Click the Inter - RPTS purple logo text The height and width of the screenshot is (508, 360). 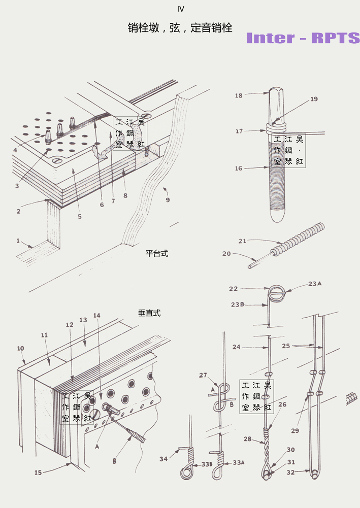pyautogui.click(x=303, y=38)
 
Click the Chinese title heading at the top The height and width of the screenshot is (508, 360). pyautogui.click(x=180, y=28)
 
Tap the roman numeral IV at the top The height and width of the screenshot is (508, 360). pyautogui.click(x=180, y=9)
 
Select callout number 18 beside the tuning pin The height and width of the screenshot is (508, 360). pyautogui.click(x=239, y=95)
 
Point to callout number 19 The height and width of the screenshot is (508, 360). pyautogui.click(x=314, y=99)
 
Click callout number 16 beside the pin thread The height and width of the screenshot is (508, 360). pyautogui.click(x=239, y=168)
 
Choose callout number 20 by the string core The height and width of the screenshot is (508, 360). pyautogui.click(x=226, y=253)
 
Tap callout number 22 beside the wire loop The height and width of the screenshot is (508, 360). pyautogui.click(x=233, y=289)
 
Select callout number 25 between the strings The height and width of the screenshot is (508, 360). pyautogui.click(x=286, y=346)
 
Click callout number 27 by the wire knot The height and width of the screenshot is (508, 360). pyautogui.click(x=203, y=376)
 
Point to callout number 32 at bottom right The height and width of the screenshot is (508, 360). pyautogui.click(x=290, y=471)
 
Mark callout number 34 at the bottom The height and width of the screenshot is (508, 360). pyautogui.click(x=163, y=459)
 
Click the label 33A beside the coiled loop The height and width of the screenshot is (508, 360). pyautogui.click(x=238, y=462)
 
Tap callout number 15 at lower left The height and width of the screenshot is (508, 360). pyautogui.click(x=38, y=472)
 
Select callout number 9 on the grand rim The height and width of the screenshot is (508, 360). pyautogui.click(x=168, y=199)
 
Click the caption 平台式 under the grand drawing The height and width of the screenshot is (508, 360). pyautogui.click(x=156, y=253)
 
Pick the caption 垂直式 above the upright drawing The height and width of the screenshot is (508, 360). pyautogui.click(x=149, y=313)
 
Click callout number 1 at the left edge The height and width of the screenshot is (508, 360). pyautogui.click(x=18, y=241)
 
